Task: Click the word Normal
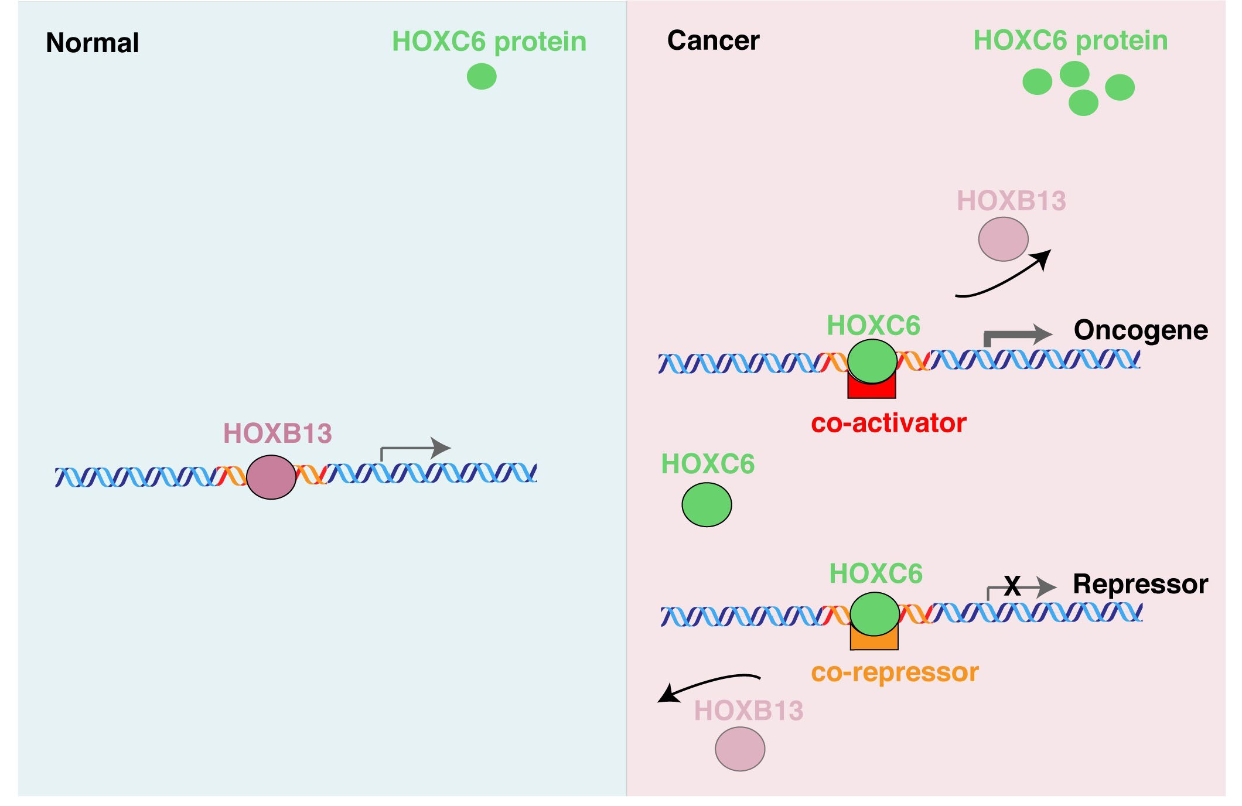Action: [92, 43]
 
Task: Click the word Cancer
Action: [713, 40]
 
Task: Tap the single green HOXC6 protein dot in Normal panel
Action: [482, 77]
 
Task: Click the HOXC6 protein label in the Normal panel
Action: [489, 42]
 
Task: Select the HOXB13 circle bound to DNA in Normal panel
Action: [271, 477]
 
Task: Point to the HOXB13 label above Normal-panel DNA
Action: [278, 433]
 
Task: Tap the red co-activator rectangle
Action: [872, 390]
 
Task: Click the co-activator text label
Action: [888, 423]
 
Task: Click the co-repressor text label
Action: [895, 672]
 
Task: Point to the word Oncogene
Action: [1140, 330]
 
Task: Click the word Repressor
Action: [1140, 584]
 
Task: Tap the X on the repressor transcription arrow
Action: [1012, 586]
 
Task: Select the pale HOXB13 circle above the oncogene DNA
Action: [1003, 239]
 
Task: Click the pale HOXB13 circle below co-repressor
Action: [740, 749]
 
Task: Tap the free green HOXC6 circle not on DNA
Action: [707, 504]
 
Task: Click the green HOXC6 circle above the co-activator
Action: [872, 361]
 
